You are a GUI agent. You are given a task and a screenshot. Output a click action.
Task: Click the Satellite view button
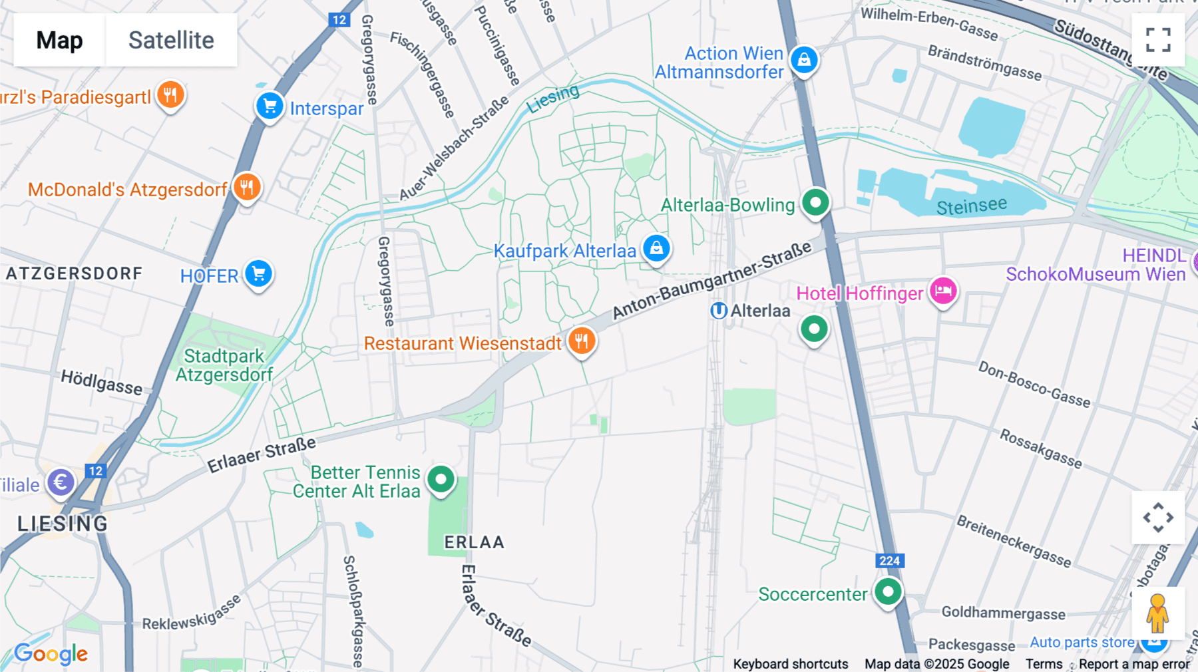(171, 40)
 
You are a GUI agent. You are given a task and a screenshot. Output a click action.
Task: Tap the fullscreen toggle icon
(1158, 40)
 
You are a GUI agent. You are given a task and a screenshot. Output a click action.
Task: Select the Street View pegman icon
(1157, 613)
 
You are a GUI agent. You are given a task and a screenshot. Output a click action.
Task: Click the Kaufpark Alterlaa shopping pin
(656, 249)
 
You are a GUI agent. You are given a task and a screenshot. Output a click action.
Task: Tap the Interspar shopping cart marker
(270, 106)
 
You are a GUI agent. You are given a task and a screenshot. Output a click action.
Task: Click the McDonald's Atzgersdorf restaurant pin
(247, 188)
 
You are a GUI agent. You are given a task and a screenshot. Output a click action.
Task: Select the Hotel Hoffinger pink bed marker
(943, 291)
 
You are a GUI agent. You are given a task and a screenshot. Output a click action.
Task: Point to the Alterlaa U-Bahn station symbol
(718, 311)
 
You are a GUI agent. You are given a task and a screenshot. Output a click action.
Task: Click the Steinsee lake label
(971, 206)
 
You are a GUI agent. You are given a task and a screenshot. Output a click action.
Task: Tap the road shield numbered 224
(889, 561)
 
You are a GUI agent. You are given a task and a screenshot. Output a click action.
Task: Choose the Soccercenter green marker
(888, 591)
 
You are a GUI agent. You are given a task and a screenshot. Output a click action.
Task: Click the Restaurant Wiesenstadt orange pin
(582, 342)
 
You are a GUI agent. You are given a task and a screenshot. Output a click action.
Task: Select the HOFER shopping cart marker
(258, 273)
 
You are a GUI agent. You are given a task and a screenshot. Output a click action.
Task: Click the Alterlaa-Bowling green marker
(815, 202)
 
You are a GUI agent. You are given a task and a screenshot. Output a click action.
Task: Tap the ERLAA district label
(474, 542)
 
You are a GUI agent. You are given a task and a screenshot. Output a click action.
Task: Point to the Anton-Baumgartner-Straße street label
(711, 280)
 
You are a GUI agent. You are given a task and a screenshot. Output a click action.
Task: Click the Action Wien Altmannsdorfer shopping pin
(804, 60)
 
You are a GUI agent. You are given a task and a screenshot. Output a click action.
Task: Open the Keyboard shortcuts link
(790, 663)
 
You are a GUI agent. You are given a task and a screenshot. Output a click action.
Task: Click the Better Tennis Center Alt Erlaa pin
(441, 479)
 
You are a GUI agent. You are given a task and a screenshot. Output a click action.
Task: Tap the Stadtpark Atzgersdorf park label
(224, 365)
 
